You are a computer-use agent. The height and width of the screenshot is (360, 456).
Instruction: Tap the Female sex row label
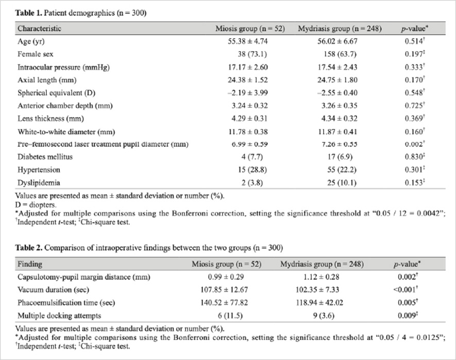(36, 53)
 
